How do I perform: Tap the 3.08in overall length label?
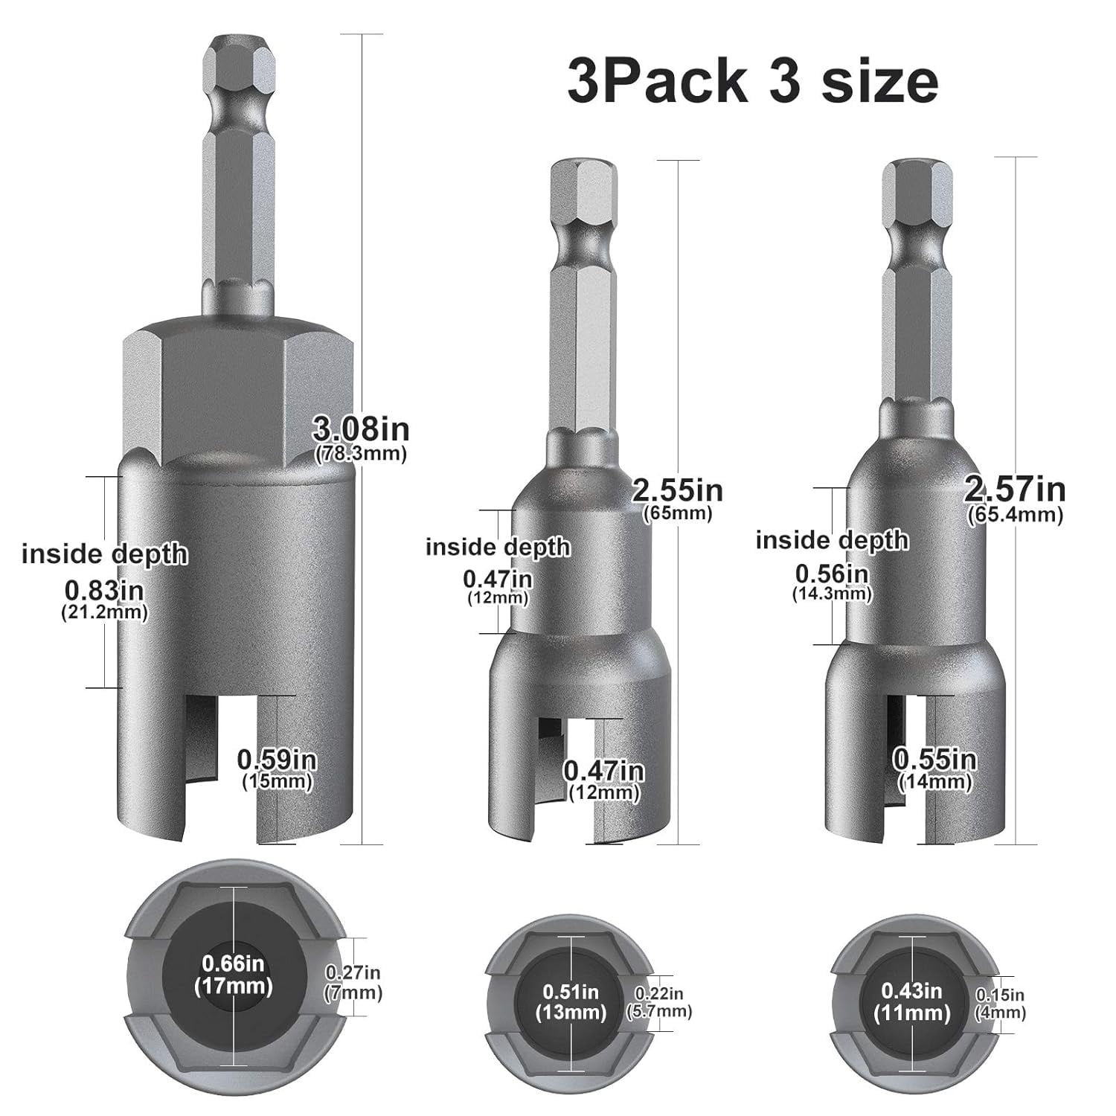361,437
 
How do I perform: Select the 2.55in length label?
676,498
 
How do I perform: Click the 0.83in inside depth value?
104,599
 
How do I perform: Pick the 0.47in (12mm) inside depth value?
497,586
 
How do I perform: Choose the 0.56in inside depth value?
832,582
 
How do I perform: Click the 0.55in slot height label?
934,768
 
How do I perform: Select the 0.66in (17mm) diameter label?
233,975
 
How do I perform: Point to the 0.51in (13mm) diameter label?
571,1001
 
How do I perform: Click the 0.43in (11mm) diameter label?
912,1001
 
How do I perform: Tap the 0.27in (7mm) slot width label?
353,982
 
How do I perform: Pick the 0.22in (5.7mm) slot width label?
662,1001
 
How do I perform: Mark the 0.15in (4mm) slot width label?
1001,1003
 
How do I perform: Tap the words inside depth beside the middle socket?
497,548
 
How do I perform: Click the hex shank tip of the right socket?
917,182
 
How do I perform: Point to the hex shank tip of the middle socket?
583,182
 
